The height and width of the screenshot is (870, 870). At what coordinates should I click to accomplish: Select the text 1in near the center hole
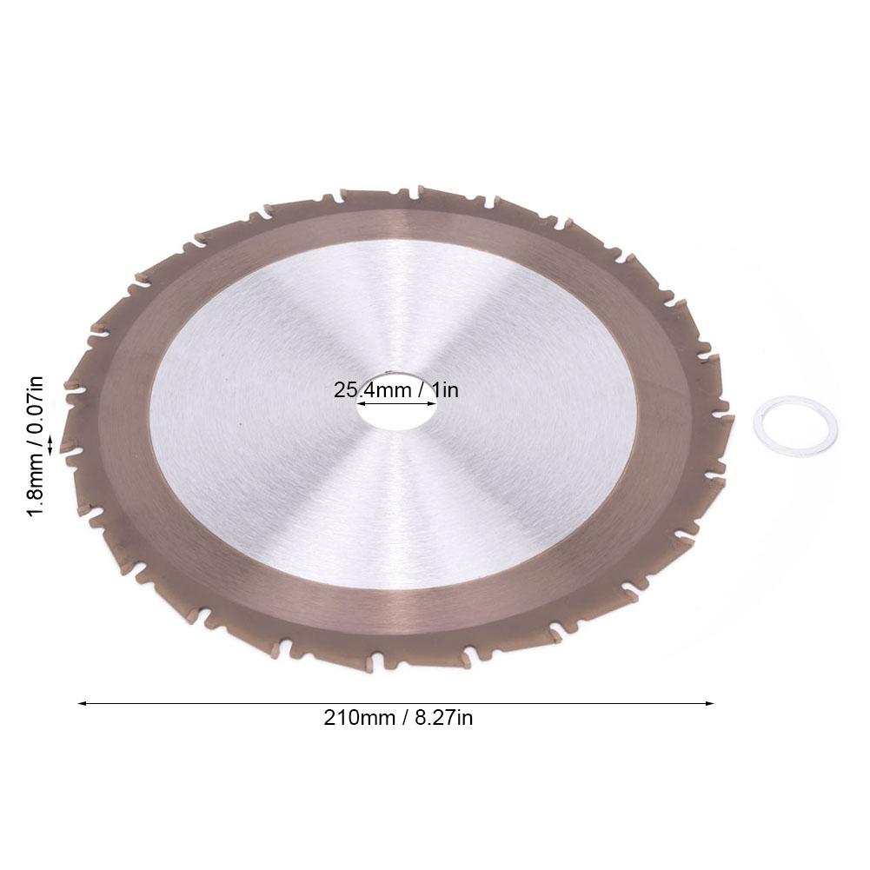tap(442, 390)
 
